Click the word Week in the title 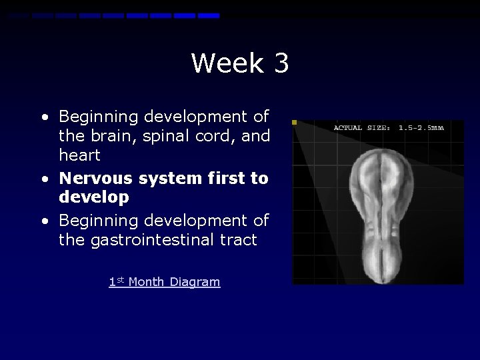[x=225, y=63]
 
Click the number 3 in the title [x=281, y=63]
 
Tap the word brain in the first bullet [x=107, y=136]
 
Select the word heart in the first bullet [x=80, y=155]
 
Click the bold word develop [x=94, y=198]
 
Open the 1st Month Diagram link [x=164, y=282]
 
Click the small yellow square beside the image [x=295, y=123]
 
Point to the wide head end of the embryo [x=379, y=177]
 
